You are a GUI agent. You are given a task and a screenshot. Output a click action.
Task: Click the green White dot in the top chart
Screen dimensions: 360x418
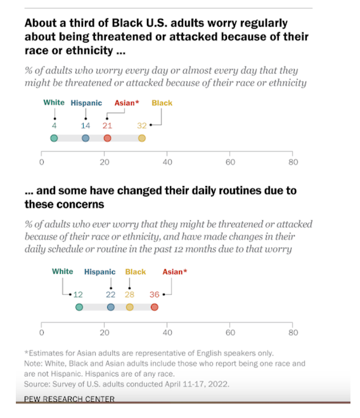point(54,138)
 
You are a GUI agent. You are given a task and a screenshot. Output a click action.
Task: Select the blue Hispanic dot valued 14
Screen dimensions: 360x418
point(86,138)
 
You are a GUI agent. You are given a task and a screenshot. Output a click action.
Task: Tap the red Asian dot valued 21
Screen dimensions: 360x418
point(107,138)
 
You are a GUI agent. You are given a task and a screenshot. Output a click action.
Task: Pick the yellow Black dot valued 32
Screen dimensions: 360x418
point(142,138)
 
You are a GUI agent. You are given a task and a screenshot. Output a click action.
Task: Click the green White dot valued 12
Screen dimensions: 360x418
point(79,307)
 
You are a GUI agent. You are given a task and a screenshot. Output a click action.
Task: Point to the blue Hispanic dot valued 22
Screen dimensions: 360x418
point(110,307)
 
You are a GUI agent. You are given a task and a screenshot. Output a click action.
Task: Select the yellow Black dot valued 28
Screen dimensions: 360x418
point(129,307)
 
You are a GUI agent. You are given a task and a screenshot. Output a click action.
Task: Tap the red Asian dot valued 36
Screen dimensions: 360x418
point(154,307)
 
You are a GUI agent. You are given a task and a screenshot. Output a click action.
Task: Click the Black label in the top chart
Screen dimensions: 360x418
point(162,103)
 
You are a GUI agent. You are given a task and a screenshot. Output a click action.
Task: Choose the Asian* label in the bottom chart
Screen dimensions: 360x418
point(175,272)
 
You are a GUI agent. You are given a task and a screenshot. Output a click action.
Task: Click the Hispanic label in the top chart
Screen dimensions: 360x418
point(86,103)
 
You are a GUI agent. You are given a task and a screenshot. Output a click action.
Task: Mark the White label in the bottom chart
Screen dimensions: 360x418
point(63,271)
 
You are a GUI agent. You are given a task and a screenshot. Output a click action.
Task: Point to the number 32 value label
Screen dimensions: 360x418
point(142,125)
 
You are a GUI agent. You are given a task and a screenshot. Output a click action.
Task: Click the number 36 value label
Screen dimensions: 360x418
point(154,294)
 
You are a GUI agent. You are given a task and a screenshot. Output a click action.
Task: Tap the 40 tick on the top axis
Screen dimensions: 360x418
point(167,162)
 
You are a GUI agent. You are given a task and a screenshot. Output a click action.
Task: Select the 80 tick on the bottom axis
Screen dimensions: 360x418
point(293,332)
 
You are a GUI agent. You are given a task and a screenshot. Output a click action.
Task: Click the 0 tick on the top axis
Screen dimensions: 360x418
point(42,162)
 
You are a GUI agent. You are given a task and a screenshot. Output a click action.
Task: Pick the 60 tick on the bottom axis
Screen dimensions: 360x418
point(230,332)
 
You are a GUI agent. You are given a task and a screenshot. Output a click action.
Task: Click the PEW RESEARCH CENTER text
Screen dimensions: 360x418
point(69,399)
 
